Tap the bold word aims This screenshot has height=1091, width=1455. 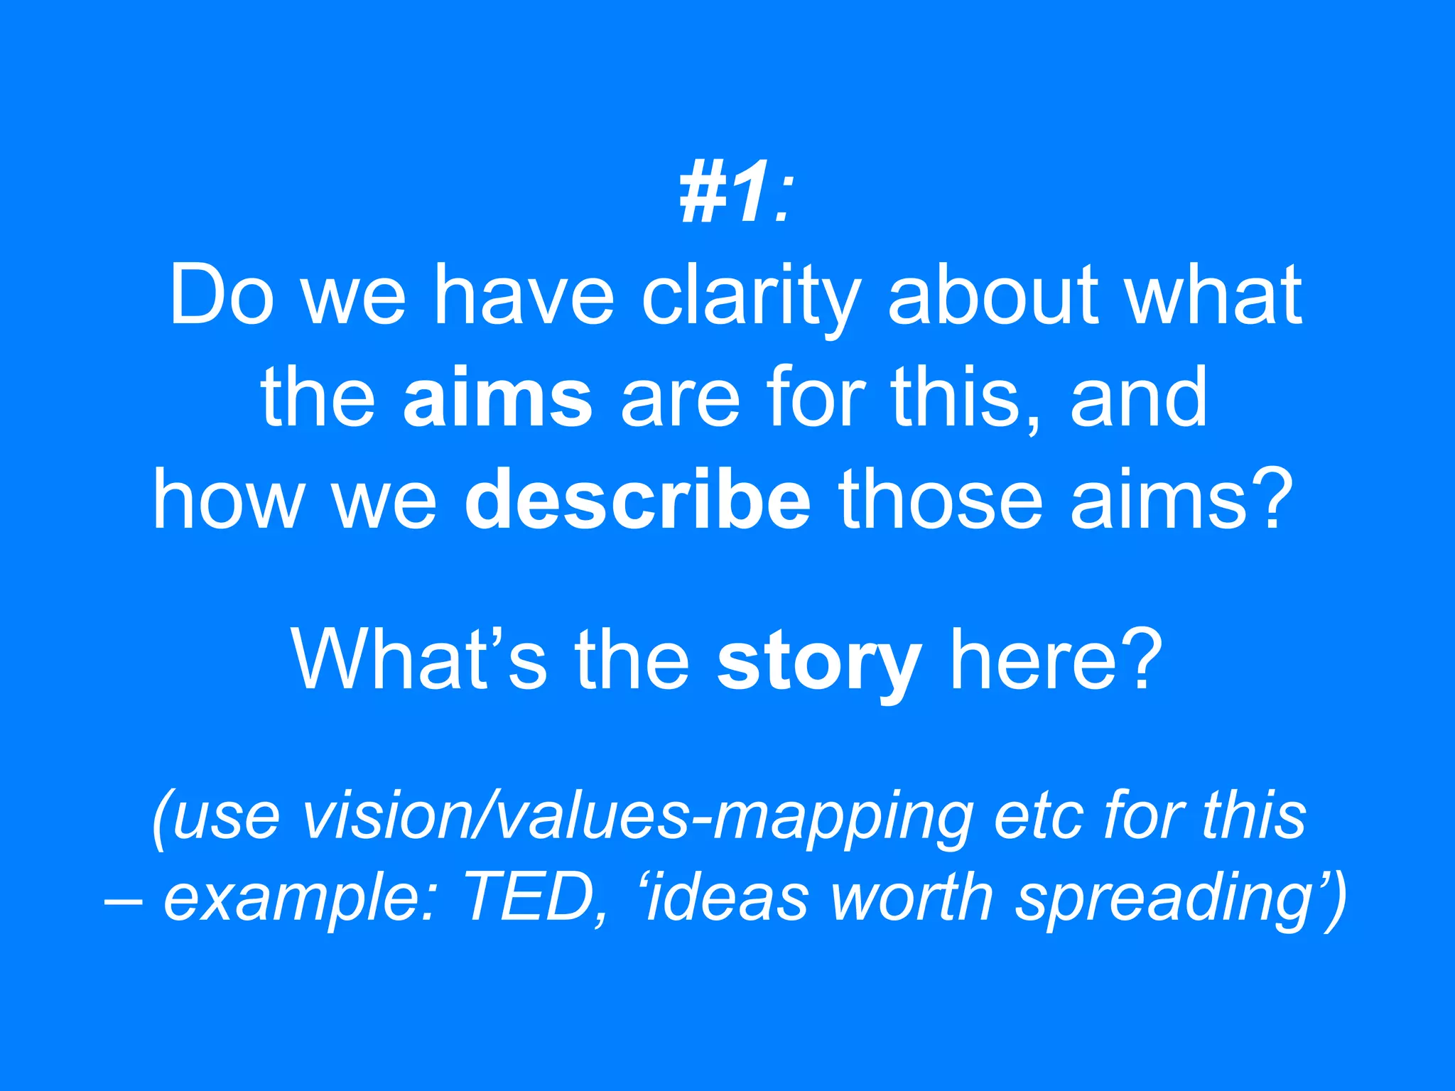click(x=497, y=398)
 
